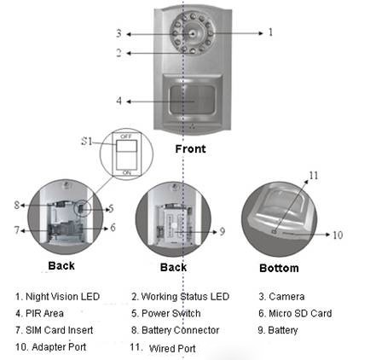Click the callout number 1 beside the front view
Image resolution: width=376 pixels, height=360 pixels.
[270, 32]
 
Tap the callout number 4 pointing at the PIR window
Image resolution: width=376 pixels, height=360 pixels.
[119, 101]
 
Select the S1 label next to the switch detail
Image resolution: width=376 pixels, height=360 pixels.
[87, 141]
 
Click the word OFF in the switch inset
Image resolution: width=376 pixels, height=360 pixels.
[126, 136]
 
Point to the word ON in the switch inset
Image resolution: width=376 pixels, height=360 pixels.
[127, 172]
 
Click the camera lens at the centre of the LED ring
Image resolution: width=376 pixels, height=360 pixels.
[193, 34]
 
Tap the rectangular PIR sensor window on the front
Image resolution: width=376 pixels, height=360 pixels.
[192, 101]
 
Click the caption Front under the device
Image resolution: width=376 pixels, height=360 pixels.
[190, 148]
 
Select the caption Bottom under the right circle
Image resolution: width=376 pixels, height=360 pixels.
[279, 268]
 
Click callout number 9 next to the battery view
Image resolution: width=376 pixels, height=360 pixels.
[223, 231]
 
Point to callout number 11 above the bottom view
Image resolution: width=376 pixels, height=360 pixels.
[314, 176]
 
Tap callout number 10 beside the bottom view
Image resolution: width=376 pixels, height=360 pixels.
[338, 235]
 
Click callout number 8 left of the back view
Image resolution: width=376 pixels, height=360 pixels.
[17, 205]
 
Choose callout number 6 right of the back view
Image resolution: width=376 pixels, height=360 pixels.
[113, 227]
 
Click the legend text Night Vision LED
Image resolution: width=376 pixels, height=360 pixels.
[62, 297]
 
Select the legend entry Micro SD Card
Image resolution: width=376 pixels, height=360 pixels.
[300, 313]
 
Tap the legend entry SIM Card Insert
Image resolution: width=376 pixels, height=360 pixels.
[59, 330]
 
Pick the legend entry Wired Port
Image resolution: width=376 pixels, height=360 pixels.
[172, 348]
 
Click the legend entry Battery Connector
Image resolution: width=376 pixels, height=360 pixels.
[180, 330]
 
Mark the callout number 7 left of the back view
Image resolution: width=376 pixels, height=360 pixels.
[17, 229]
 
